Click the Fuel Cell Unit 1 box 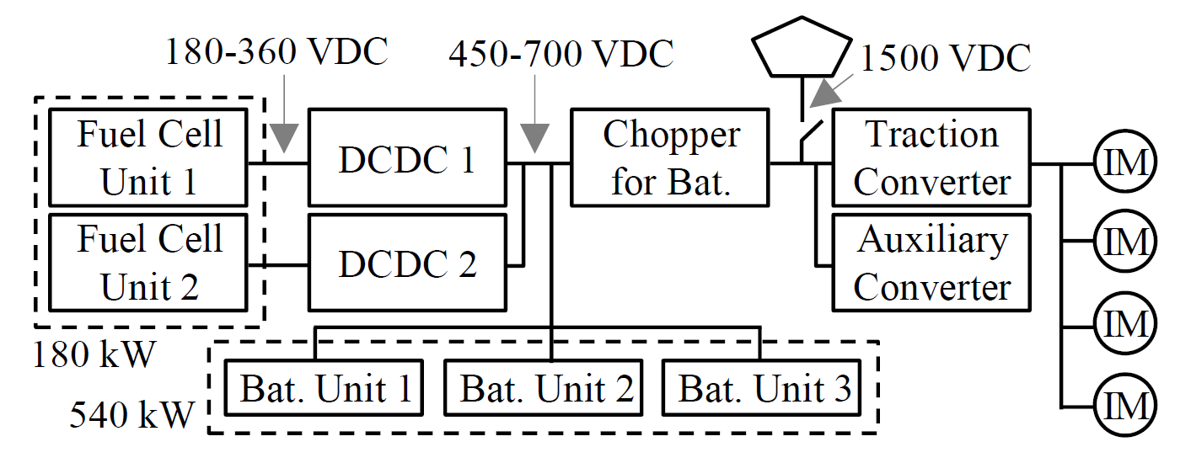149,157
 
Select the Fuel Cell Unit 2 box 149,262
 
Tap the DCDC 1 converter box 407,157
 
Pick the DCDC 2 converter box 407,262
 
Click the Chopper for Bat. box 670,157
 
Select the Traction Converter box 931,157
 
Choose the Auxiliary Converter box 931,262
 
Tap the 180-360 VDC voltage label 276,52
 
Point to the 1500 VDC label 946,59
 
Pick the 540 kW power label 132,415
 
